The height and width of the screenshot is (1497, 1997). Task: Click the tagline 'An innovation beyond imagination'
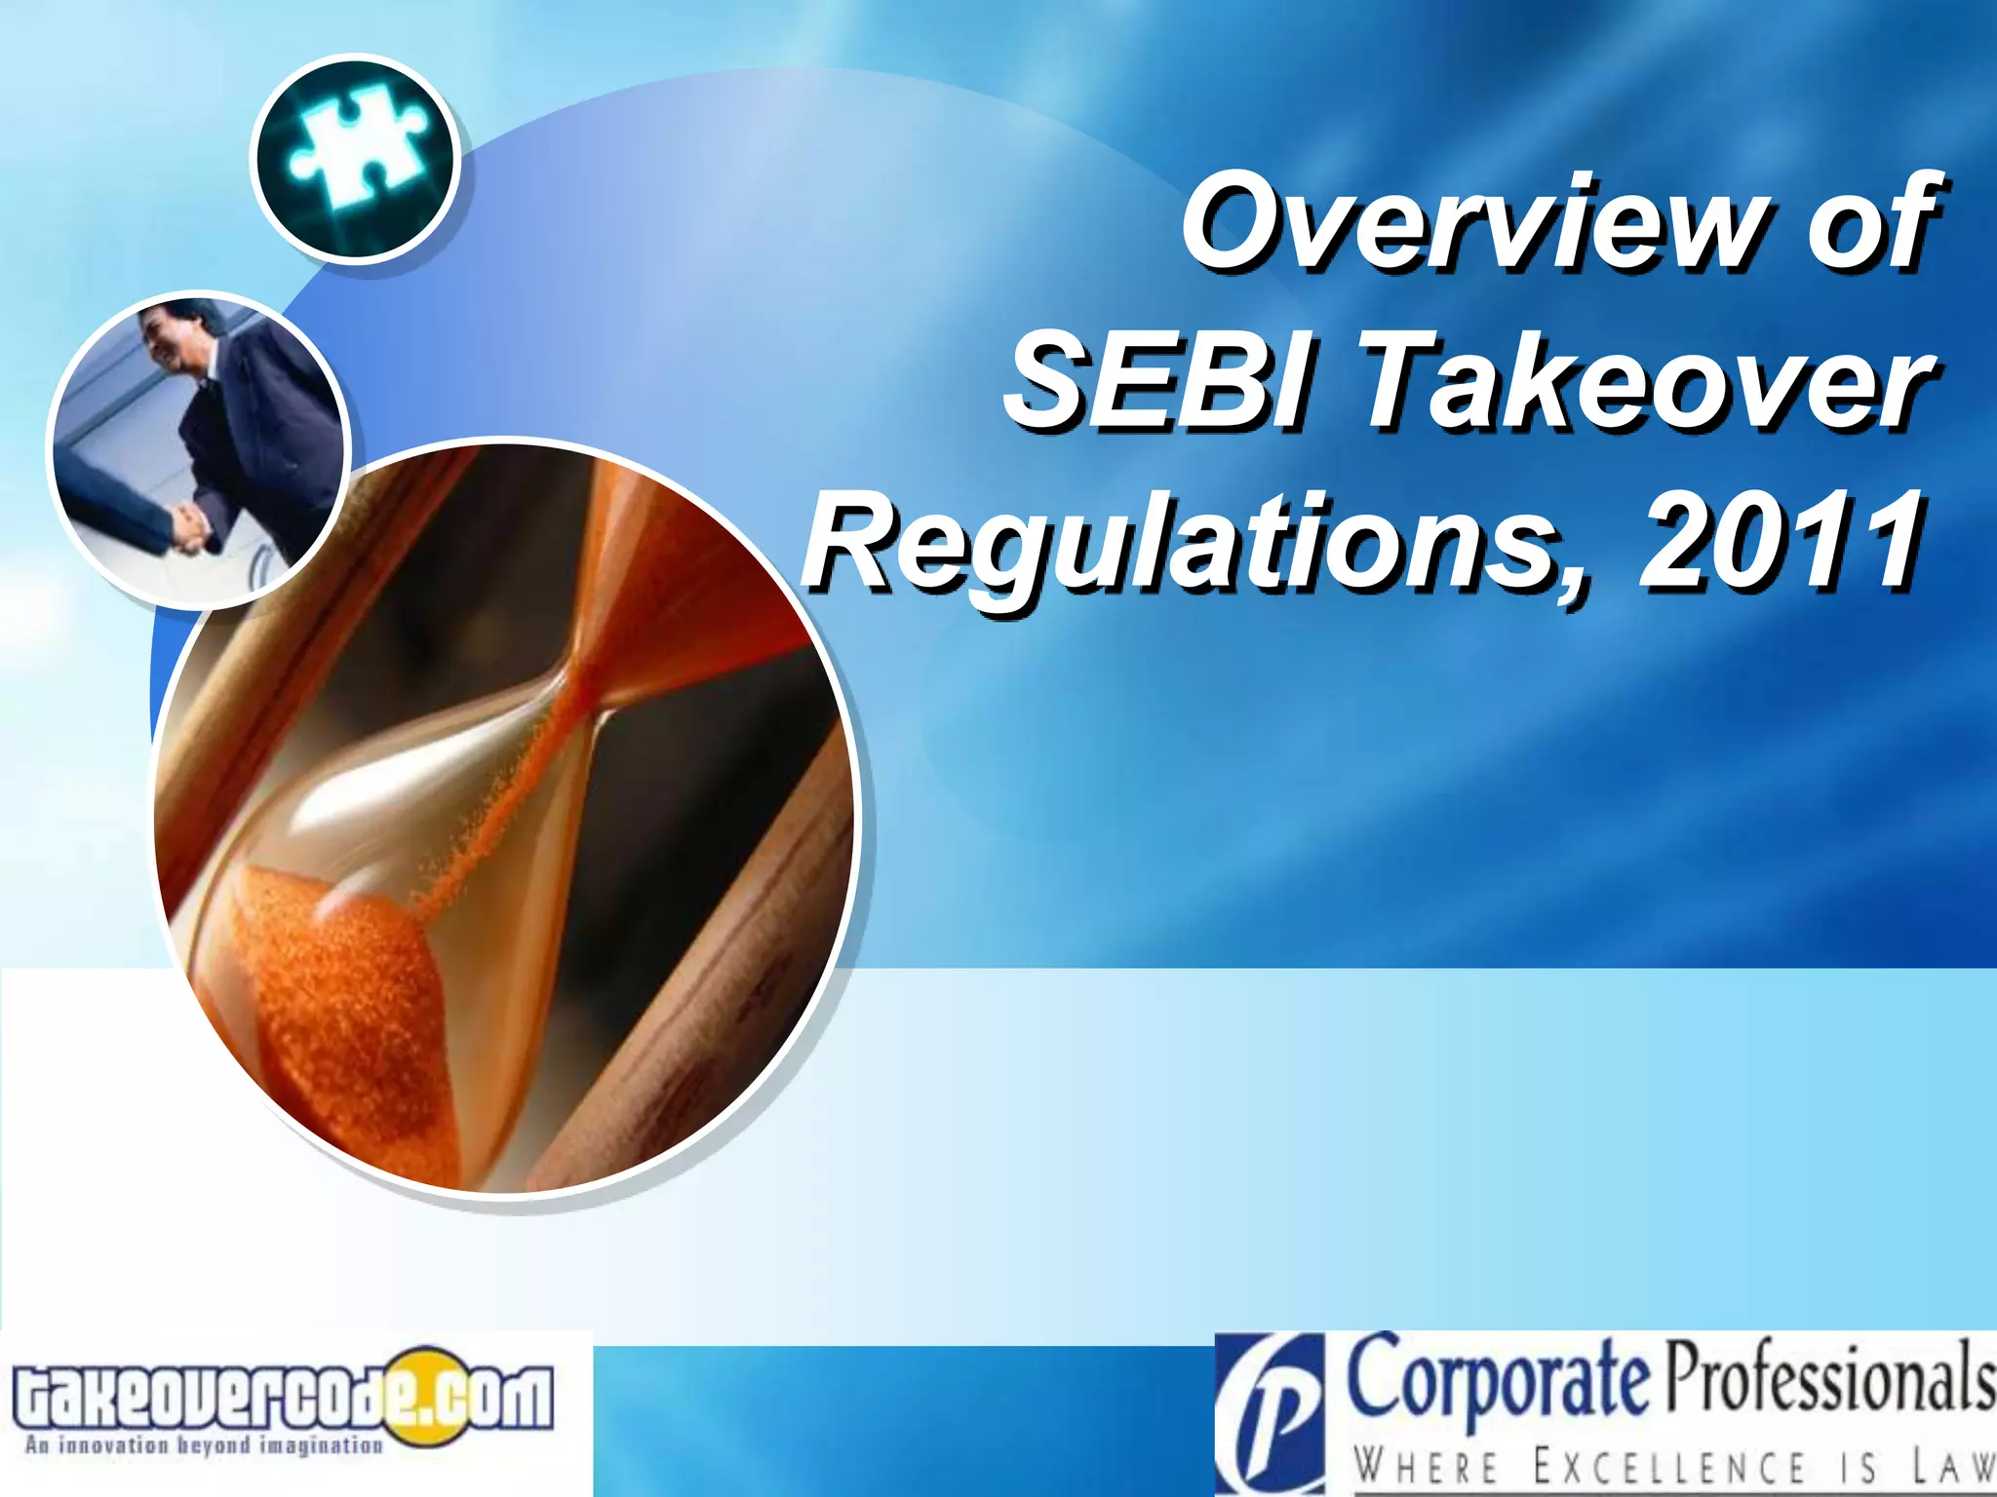point(204,1444)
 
